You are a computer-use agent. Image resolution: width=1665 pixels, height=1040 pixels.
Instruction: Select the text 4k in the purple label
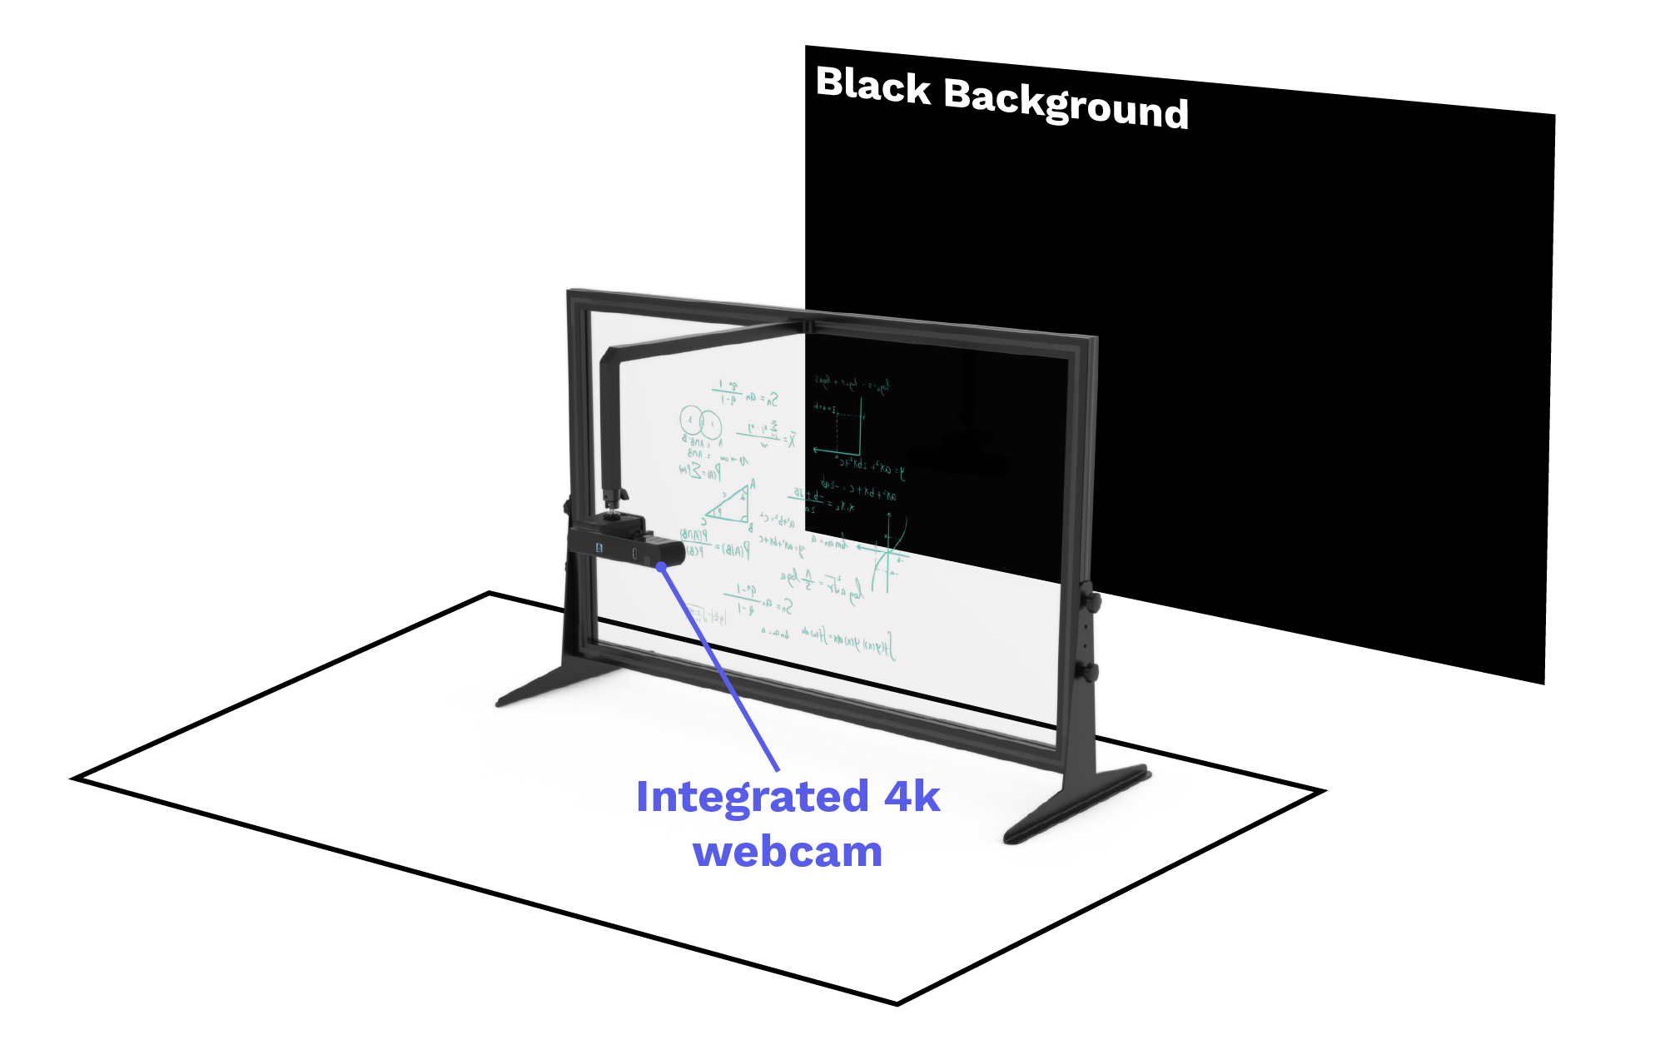(912, 797)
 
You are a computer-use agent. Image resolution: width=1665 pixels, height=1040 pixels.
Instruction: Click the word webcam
(788, 852)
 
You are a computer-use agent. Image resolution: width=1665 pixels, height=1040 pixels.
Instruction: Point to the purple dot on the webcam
(661, 567)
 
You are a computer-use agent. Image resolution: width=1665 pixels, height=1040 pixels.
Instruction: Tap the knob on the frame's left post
(566, 506)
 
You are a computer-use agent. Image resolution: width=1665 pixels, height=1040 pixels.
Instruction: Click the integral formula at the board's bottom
(849, 641)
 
